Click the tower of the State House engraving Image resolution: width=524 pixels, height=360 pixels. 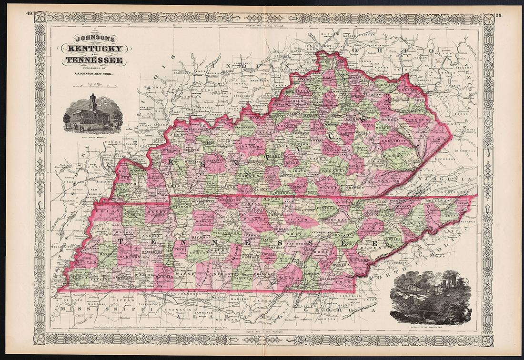pos(93,102)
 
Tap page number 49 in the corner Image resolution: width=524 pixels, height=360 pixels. pos(29,15)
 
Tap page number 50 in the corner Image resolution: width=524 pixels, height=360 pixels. pos(498,15)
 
